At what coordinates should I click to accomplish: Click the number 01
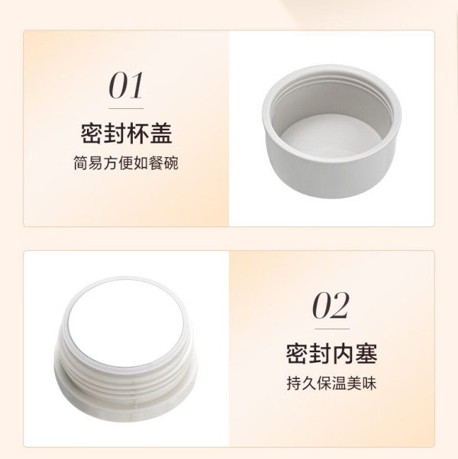point(126,85)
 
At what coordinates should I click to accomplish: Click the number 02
point(331,305)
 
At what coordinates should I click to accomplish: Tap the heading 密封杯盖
point(126,133)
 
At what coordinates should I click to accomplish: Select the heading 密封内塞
point(331,354)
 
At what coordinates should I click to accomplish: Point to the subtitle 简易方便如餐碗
point(126,163)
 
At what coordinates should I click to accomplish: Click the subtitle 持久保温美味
point(331,384)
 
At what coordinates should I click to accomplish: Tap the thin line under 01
point(126,108)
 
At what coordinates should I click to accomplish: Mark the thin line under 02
point(332,329)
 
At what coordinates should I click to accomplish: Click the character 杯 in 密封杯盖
point(138,133)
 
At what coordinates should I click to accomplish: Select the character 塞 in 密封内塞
point(366,354)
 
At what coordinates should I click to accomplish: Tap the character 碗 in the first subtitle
point(171,163)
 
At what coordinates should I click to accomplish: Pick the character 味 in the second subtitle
point(369,384)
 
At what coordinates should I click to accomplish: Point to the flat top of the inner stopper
point(126,322)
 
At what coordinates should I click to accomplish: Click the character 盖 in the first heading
point(161,133)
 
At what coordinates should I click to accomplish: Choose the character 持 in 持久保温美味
point(294,384)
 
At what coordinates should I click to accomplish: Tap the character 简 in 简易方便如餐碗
point(81,163)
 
